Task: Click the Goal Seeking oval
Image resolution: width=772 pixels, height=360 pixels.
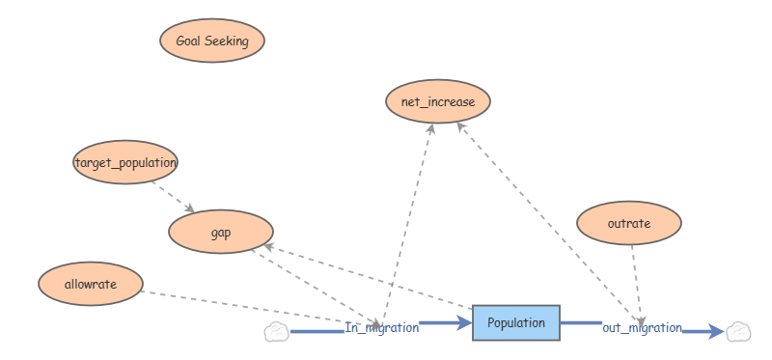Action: coord(212,41)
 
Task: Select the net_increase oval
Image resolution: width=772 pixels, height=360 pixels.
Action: coord(438,101)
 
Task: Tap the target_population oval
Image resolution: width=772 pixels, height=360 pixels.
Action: coord(125,162)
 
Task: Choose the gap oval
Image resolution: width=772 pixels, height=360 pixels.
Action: coord(221,232)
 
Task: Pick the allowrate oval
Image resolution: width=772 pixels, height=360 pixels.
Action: coord(91,284)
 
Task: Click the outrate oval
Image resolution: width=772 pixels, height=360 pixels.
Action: coord(629,223)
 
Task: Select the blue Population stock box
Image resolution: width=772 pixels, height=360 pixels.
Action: coord(516,322)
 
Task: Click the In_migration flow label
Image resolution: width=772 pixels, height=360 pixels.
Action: coord(382,327)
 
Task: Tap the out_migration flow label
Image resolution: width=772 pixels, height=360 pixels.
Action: coord(642,327)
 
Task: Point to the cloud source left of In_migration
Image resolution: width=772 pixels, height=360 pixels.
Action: coord(277,331)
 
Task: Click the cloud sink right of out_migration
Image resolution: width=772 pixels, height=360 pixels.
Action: coord(738,331)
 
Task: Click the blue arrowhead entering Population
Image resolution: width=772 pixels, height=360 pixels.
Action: coord(464,323)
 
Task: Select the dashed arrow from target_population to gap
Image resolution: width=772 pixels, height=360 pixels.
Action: coord(174,197)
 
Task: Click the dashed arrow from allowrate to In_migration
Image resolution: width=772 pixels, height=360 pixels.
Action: coord(260,308)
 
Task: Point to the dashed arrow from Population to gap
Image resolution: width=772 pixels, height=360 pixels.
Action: coord(369,276)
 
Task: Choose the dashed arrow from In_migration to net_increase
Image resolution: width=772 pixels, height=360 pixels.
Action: coord(407,225)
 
